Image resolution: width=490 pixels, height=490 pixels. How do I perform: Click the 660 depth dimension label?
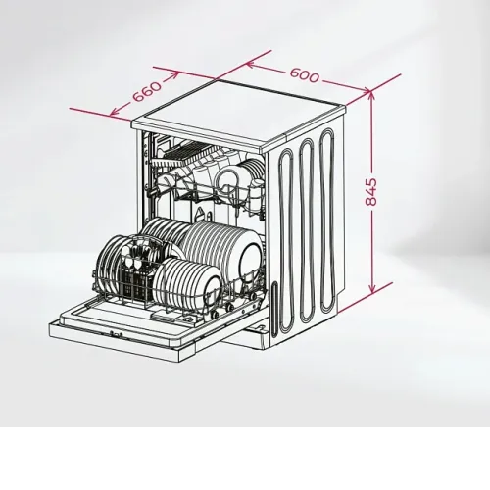[147, 91]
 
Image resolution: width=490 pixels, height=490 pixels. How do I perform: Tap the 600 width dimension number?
[304, 75]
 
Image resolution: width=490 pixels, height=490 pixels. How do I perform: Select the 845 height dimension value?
[370, 192]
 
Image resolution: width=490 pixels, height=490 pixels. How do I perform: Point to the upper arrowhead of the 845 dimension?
[371, 95]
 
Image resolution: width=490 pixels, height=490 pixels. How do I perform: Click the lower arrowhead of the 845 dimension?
[371, 288]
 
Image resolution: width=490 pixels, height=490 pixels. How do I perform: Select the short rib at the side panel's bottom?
[273, 307]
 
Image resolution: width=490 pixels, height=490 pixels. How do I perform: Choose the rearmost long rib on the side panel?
[328, 220]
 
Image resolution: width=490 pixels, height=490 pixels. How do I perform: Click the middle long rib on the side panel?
[308, 230]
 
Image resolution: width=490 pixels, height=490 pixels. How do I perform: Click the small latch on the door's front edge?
[116, 334]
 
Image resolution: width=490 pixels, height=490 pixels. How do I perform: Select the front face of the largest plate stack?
[250, 258]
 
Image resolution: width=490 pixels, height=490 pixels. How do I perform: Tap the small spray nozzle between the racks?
[199, 214]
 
